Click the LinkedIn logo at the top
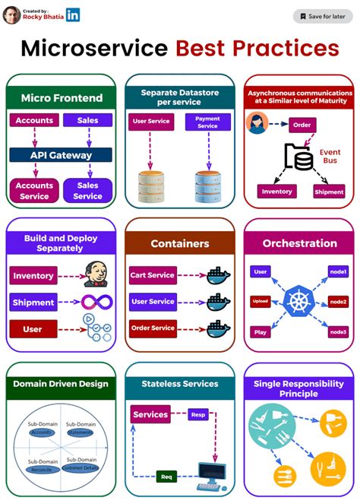coord(73,14)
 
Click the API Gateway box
coord(61,155)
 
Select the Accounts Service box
coord(35,191)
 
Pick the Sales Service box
coord(87,191)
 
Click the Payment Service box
coord(207,122)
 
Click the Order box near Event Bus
coord(302,124)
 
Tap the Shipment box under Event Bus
coord(329,192)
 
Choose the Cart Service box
coord(152,275)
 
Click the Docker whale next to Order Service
coord(219,329)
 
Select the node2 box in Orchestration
coord(338,302)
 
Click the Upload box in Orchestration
coord(261,302)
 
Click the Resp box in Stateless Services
coord(198,416)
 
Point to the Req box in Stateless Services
coord(167,477)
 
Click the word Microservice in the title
coord(93,49)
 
